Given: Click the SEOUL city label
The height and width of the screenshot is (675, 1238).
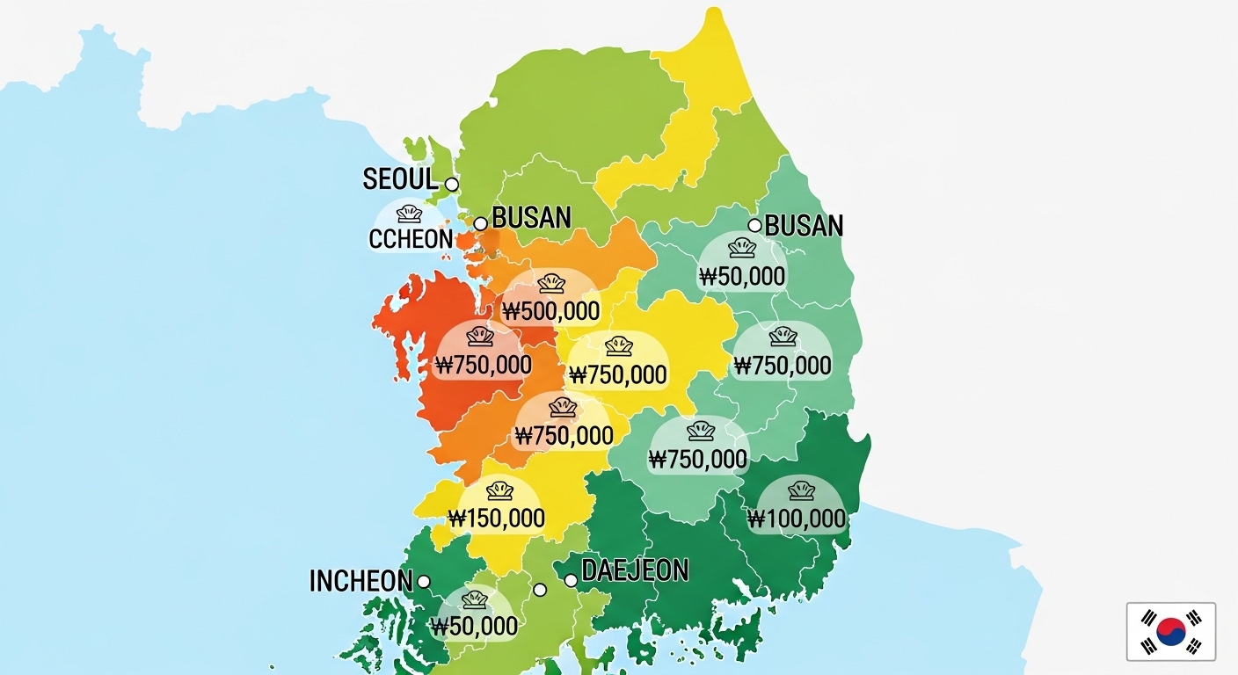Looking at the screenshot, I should coord(400,179).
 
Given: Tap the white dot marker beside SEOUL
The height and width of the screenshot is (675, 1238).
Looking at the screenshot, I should coord(451,185).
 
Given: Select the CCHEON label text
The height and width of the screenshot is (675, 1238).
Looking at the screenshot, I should coord(411,239).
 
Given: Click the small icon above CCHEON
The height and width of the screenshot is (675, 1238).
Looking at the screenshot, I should coord(409,214).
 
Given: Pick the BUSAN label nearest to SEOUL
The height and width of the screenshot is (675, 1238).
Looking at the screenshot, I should coord(531,218).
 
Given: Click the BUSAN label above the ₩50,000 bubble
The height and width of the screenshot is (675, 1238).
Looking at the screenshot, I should coord(804,226).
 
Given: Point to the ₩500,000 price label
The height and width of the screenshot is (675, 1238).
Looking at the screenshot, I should coord(551,311).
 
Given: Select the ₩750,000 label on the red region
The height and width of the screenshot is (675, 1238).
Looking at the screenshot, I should coord(483,365).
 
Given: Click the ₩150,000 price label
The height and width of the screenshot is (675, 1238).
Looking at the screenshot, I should coord(497,519).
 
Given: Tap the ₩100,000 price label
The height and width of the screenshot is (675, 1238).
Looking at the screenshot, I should coord(797,519).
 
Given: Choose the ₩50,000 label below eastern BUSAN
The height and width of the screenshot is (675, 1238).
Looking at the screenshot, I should coord(742,277).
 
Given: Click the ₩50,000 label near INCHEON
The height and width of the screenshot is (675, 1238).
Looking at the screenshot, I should coord(475,627).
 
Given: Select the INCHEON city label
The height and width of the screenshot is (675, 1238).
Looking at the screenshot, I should coord(360,581).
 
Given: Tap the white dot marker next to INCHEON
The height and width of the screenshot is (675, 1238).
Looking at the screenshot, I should coord(423,582).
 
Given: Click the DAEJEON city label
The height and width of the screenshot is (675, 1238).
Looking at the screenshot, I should coord(635,571).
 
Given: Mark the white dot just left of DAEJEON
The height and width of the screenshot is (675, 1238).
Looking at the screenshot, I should coord(571,581).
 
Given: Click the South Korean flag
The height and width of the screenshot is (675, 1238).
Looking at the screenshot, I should coord(1170,631).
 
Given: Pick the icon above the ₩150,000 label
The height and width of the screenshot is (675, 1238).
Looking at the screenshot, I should coord(499,490).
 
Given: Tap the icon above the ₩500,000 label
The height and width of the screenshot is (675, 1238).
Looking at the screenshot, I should coord(551,284).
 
